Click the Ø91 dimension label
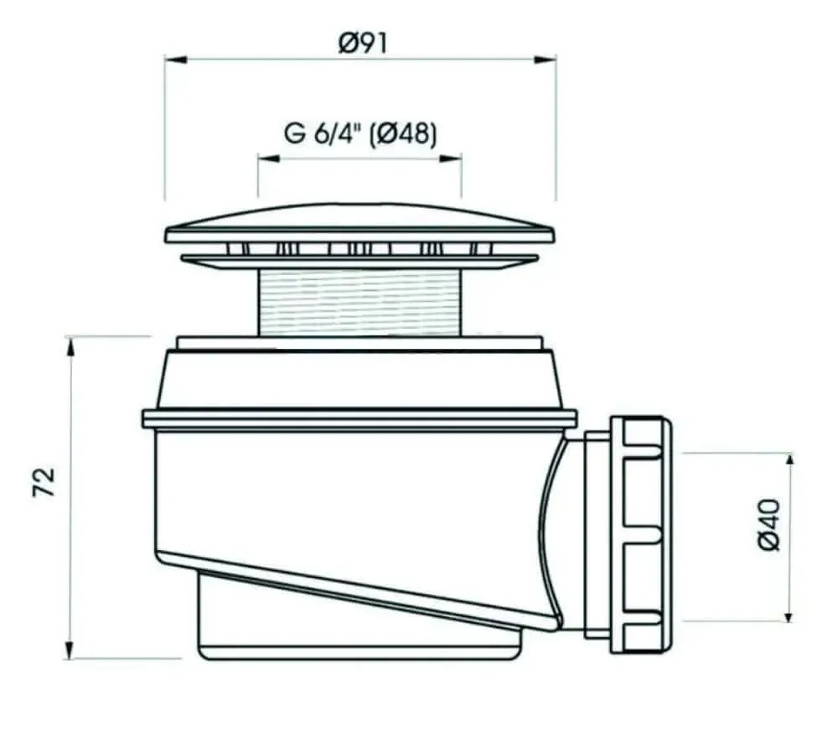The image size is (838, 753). pyautogui.click(x=362, y=41)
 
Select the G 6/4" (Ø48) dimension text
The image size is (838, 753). pyautogui.click(x=360, y=134)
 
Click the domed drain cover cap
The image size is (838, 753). pyautogui.click(x=360, y=223)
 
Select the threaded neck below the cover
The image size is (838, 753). pyautogui.click(x=360, y=302)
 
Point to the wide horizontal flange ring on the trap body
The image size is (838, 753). pyautogui.click(x=360, y=418)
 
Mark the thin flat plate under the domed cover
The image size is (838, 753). pyautogui.click(x=360, y=262)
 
